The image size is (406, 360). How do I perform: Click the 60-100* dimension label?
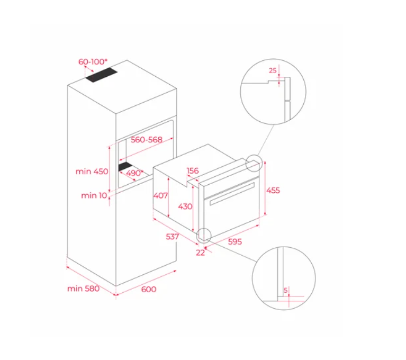pos(93,61)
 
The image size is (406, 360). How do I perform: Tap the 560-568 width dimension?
pos(147,140)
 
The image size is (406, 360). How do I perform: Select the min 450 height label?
pos(92,172)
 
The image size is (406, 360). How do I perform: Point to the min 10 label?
pos(94,195)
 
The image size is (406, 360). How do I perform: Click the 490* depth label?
pos(134,173)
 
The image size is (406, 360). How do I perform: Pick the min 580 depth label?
pos(84,289)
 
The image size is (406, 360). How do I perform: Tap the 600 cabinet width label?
pos(149,289)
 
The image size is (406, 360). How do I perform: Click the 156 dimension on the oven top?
pos(193,170)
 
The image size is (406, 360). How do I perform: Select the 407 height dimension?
pos(160,195)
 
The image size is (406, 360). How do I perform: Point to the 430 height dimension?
pos(185,206)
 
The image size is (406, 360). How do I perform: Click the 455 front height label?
pos(273,191)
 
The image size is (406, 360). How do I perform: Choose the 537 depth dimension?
pos(172,237)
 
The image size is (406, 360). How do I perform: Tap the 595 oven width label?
pos(235,241)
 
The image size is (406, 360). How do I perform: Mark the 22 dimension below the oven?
pos(200,253)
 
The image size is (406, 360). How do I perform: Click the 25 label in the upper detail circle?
pos(273,70)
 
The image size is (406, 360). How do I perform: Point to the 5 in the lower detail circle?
pos(285,290)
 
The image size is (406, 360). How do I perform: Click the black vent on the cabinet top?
pos(102,75)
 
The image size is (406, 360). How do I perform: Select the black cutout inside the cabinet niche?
pos(125,167)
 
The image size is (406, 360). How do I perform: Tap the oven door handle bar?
pos(232,194)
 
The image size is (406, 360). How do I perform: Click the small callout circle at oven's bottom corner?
pos(204,236)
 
